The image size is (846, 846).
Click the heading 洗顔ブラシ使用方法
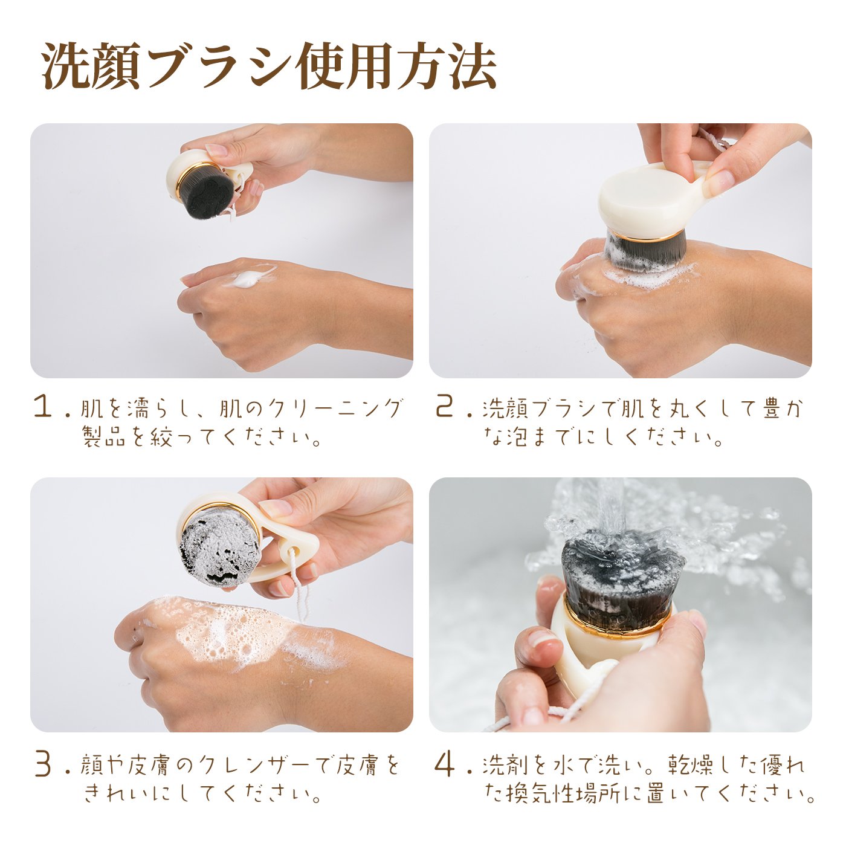[269, 66]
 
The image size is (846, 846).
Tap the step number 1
[44, 407]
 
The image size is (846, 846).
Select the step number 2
[444, 407]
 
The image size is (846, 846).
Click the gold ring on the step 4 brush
[618, 619]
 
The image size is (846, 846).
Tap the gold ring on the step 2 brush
[645, 237]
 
